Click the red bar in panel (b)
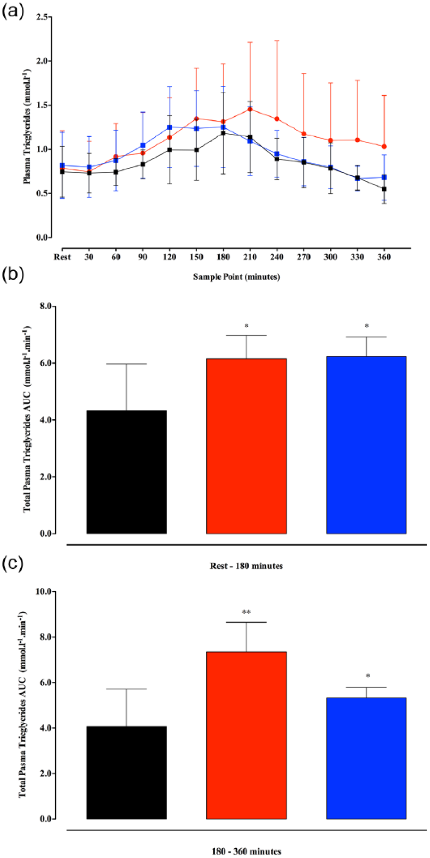click(x=246, y=446)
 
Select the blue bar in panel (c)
click(x=366, y=758)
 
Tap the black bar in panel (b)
click(x=126, y=472)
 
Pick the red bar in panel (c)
click(x=246, y=735)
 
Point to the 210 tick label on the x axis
click(x=250, y=257)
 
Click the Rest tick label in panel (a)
click(x=62, y=257)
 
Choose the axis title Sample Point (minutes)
click(x=236, y=277)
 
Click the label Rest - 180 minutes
click(x=246, y=566)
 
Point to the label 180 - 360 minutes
click(x=246, y=851)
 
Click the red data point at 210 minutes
click(x=250, y=109)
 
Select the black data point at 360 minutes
click(x=384, y=189)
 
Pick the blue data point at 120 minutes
click(x=170, y=127)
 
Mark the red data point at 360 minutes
click(x=384, y=146)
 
